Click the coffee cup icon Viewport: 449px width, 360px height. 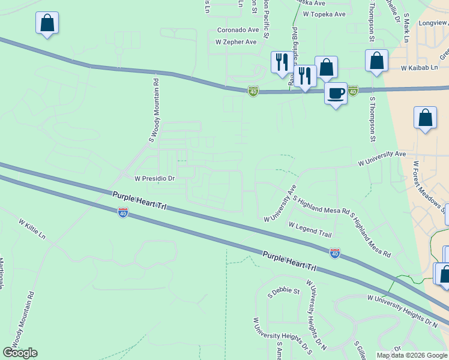(336, 94)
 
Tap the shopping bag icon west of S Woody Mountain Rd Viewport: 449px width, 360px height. (47, 23)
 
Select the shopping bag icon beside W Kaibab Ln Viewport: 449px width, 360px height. (376, 61)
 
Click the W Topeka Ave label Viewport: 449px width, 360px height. (324, 14)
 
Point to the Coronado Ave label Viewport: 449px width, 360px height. (238, 29)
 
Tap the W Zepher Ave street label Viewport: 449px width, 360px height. (236, 42)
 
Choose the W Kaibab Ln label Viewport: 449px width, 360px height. (420, 68)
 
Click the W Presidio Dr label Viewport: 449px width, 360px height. (154, 178)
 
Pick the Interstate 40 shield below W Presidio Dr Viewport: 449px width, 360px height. (123, 212)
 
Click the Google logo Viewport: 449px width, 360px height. (20, 352)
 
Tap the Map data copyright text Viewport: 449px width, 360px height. (412, 355)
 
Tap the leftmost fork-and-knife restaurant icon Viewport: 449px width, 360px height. (281, 62)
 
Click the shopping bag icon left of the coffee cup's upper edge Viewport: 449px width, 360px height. (326, 68)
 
